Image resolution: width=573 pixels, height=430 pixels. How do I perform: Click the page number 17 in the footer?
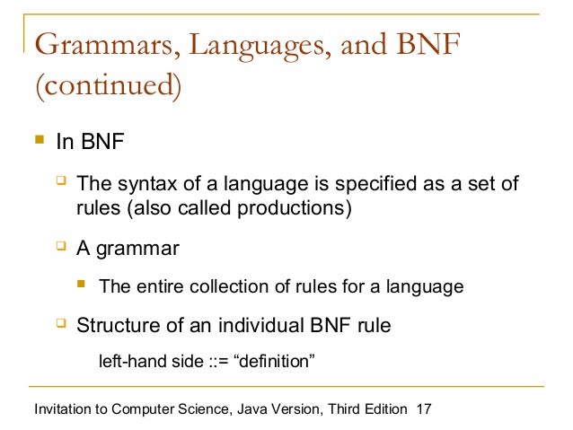424,409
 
